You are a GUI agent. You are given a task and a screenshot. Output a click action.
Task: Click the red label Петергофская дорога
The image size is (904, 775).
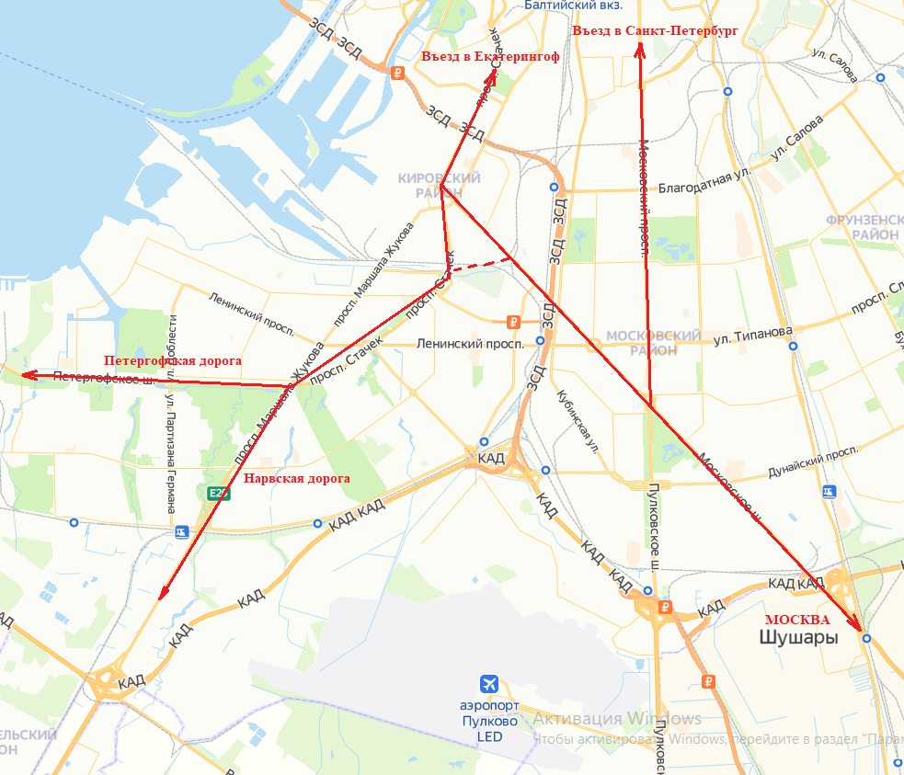pyautogui.click(x=172, y=360)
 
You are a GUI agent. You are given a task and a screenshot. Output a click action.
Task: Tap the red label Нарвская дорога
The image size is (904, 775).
pyautogui.click(x=296, y=478)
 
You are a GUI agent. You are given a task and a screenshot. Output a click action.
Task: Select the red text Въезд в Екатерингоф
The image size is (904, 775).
pyautogui.click(x=490, y=57)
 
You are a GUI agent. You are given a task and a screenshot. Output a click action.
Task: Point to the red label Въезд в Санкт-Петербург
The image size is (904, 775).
pyautogui.click(x=655, y=30)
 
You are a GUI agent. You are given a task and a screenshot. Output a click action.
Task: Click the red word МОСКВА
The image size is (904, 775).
pyautogui.click(x=798, y=620)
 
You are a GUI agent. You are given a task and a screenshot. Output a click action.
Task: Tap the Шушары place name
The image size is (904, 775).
pyautogui.click(x=798, y=637)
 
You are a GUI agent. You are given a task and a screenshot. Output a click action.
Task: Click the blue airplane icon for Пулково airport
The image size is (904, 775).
pyautogui.click(x=490, y=684)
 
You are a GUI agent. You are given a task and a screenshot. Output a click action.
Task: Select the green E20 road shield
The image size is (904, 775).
pyautogui.click(x=218, y=494)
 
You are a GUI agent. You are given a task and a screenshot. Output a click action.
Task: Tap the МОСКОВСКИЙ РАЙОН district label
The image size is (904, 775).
pyautogui.click(x=653, y=343)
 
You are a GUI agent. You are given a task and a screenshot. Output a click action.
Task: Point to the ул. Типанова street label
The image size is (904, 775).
pyautogui.click(x=752, y=334)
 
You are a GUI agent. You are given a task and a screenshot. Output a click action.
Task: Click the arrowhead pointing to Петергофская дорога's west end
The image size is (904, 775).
pyautogui.click(x=28, y=374)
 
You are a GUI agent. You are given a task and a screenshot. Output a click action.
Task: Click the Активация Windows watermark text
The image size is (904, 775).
pyautogui.click(x=617, y=719)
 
